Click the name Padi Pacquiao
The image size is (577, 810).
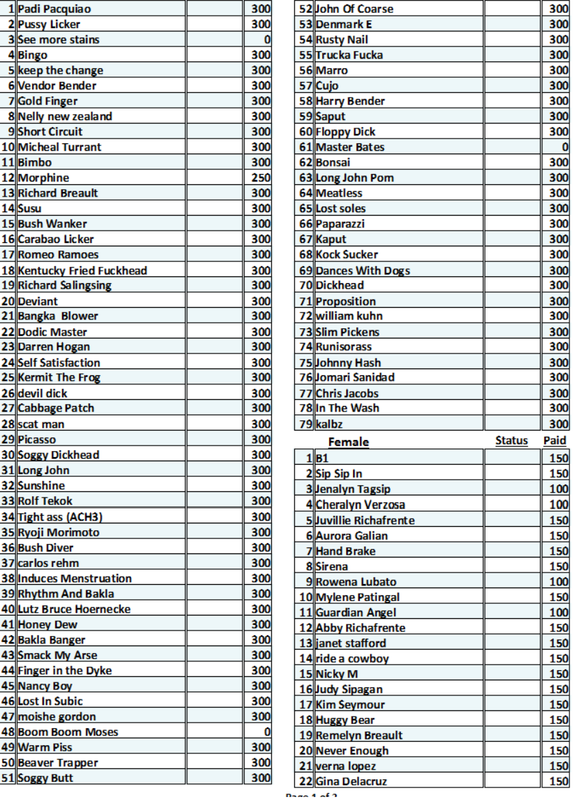(x=54, y=10)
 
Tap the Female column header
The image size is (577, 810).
(x=349, y=442)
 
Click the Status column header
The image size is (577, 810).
(x=511, y=441)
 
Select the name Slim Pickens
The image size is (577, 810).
(x=347, y=332)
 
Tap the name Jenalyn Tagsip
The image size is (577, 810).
(x=353, y=489)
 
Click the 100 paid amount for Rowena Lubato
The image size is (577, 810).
(x=559, y=582)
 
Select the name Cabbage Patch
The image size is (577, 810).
(x=56, y=408)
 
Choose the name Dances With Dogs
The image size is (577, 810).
(x=363, y=270)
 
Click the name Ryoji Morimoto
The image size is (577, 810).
(x=59, y=532)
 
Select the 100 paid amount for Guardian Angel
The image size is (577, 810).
(x=559, y=613)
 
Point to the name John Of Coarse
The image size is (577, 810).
(x=354, y=10)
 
